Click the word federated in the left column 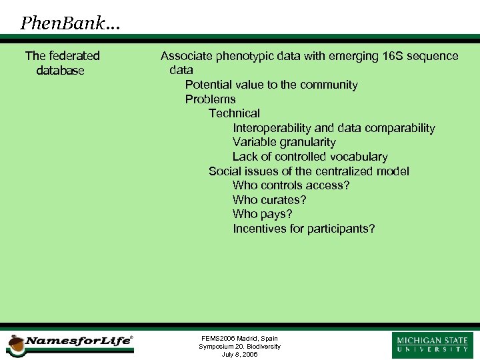point(74,56)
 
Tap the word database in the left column point(61,71)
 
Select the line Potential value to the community point(271,85)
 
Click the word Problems point(210,99)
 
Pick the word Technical point(234,113)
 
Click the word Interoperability point(271,128)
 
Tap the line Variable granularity point(284,142)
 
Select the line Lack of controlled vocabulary point(310,157)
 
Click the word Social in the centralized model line point(225,171)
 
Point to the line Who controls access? point(291,185)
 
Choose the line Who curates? point(269,200)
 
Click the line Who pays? point(262,214)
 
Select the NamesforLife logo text point(78,341)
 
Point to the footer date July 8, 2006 point(239,354)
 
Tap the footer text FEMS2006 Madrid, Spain point(239,339)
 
